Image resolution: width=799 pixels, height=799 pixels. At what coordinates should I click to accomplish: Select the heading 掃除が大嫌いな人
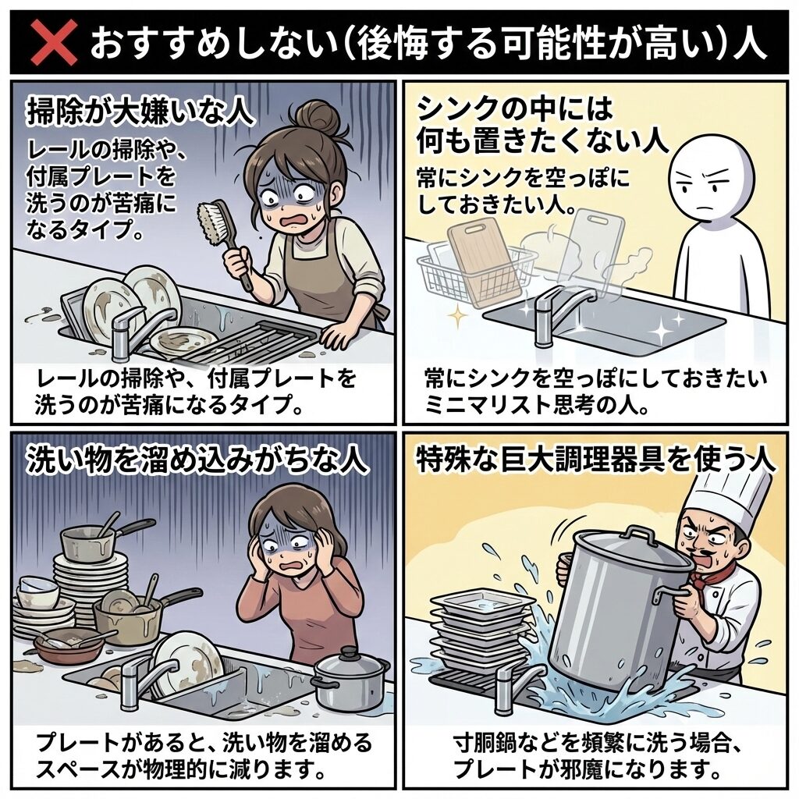coord(141,112)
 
